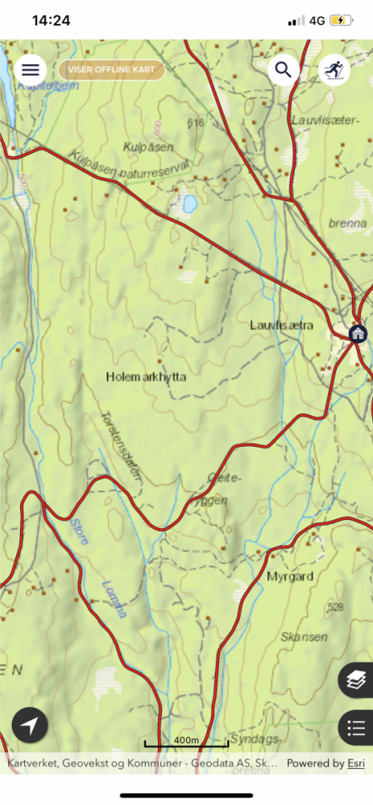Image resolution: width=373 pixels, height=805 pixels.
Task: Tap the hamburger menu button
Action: coord(31,70)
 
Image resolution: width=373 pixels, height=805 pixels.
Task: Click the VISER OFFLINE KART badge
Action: coord(111,70)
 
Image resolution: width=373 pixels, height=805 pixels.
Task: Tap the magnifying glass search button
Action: coord(284,70)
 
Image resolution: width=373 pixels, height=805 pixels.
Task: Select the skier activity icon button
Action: coord(334,71)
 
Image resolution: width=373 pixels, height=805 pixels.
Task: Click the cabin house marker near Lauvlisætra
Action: coord(358,333)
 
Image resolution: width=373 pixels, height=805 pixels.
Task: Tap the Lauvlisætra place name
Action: coord(281,325)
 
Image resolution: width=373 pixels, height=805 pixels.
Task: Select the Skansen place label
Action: coord(305,637)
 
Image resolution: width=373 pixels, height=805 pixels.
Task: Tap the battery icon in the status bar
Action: coord(341,21)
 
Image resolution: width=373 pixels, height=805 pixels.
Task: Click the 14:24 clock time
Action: coord(51,21)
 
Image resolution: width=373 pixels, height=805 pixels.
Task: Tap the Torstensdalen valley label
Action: coord(120,448)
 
